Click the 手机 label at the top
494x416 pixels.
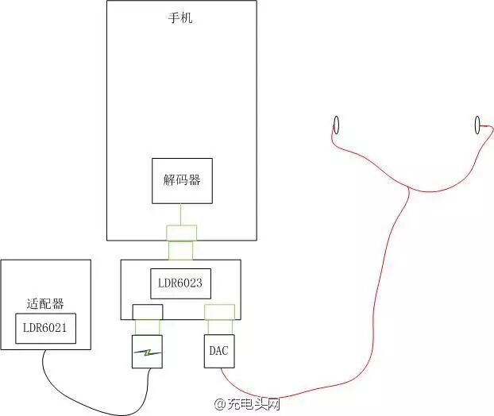180,17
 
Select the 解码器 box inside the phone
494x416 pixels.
182,180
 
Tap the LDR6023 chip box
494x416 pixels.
181,282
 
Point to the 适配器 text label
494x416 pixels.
44,303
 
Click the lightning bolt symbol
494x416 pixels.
147,352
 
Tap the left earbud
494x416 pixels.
336,125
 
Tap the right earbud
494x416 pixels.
477,124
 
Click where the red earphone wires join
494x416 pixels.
408,187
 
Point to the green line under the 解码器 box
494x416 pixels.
182,214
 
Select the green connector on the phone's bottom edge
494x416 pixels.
181,232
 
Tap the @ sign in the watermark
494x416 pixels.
221,404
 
